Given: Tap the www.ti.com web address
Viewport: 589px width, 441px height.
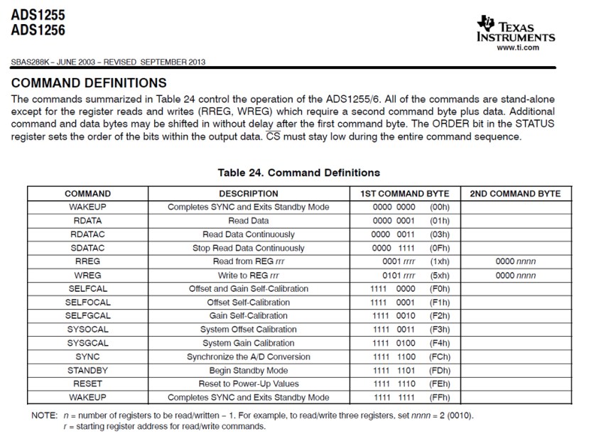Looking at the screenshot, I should (518, 48).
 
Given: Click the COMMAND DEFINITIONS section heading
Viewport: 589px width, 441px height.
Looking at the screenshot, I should (90, 83).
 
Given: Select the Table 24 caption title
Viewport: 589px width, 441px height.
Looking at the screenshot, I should (298, 173).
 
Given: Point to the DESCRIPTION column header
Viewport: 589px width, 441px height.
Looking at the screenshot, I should (248, 194).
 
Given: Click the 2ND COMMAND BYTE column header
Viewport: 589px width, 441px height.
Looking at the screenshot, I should (515, 194).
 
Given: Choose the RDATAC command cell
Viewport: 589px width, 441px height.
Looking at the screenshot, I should (87, 234).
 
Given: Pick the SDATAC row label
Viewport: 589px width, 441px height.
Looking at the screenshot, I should (87, 248).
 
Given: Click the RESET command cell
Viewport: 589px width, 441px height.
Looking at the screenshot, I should (87, 383).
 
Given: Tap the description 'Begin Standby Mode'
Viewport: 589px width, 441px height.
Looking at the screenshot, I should (248, 370).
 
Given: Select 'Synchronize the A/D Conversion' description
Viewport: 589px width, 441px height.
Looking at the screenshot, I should (248, 356).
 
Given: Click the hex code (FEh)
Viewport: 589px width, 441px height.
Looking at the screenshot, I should (441, 383).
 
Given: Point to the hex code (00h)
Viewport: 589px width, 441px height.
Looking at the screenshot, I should (441, 207).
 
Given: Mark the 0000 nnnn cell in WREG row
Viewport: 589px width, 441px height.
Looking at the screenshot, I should (515, 275).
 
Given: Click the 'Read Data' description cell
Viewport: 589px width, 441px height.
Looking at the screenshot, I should (248, 221).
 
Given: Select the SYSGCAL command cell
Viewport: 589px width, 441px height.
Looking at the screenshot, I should (87, 343).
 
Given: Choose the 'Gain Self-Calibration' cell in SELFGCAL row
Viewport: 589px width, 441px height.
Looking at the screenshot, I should (248, 316).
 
